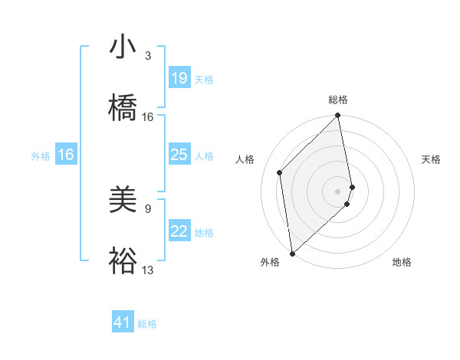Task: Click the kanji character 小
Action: (x=123, y=47)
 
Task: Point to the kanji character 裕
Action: (x=123, y=260)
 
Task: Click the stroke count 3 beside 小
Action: (x=148, y=56)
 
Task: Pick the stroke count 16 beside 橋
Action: (x=148, y=117)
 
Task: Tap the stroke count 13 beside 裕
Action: (x=148, y=270)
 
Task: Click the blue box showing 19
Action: (x=179, y=78)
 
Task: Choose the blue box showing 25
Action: (x=179, y=155)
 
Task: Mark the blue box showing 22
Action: (x=179, y=231)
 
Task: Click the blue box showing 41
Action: (x=123, y=322)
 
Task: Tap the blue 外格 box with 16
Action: (x=66, y=155)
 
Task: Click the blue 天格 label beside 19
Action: (x=203, y=79)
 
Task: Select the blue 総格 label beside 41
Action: (x=147, y=324)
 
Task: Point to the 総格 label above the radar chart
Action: (x=338, y=100)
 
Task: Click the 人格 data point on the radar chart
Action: (x=280, y=172)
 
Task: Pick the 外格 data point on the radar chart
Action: (x=292, y=253)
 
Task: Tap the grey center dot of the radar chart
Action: (x=338, y=191)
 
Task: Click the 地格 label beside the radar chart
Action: (x=402, y=262)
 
